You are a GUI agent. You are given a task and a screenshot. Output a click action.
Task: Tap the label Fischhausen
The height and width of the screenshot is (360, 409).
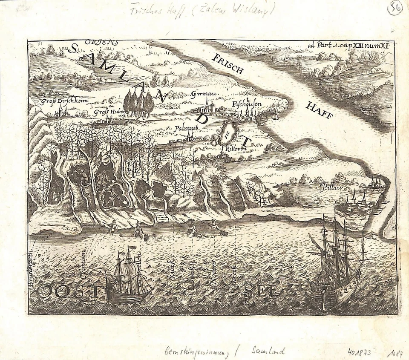pos(247,104)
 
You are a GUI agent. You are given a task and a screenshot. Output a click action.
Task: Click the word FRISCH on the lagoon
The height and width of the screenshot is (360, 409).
pos(229,63)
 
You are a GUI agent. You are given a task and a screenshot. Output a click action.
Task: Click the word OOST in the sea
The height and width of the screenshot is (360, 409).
pos(70,293)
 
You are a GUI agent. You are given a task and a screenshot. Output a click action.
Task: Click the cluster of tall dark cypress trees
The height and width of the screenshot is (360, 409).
pos(138,103)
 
